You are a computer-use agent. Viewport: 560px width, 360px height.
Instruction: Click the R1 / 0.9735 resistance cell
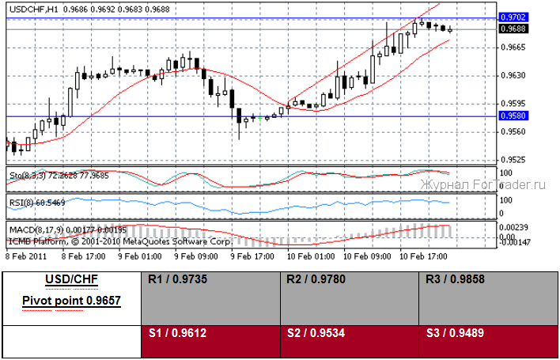click(x=210, y=297)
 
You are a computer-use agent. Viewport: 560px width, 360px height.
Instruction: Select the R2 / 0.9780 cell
click(x=348, y=297)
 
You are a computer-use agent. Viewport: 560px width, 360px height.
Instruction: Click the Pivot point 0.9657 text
click(x=71, y=301)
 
